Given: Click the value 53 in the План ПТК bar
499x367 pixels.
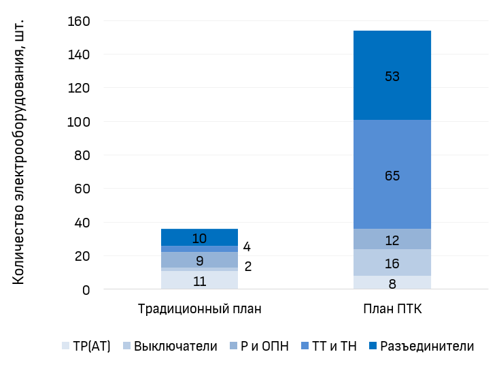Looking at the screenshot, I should tap(392, 76).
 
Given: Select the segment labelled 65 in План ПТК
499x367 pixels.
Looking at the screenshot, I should tap(392, 175).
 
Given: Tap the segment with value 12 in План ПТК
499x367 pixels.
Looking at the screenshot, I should tap(392, 239).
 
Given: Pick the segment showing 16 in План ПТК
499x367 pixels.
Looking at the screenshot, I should tap(392, 263).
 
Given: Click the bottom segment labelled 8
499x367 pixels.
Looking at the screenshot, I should tap(392, 283).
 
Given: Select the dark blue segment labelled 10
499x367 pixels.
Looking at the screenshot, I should tap(199, 238).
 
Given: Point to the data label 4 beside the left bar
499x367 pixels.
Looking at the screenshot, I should tap(247, 247).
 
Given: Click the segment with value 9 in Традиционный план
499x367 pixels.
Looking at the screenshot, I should tap(199, 259).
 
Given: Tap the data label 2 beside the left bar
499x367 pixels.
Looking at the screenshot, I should tap(247, 266).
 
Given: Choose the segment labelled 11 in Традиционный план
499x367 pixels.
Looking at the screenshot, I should tap(199, 281).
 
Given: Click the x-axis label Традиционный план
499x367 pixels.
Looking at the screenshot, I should tap(199, 308).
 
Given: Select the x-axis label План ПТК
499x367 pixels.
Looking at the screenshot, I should tap(392, 308).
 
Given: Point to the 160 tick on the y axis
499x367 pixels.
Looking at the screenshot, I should tap(79, 21).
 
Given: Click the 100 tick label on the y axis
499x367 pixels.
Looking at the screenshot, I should tap(79, 122).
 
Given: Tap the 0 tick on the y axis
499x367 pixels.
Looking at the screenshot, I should tap(86, 290).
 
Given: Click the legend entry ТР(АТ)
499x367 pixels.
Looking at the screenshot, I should tap(86, 346).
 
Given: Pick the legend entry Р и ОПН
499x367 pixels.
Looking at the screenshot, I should tap(264, 346).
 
